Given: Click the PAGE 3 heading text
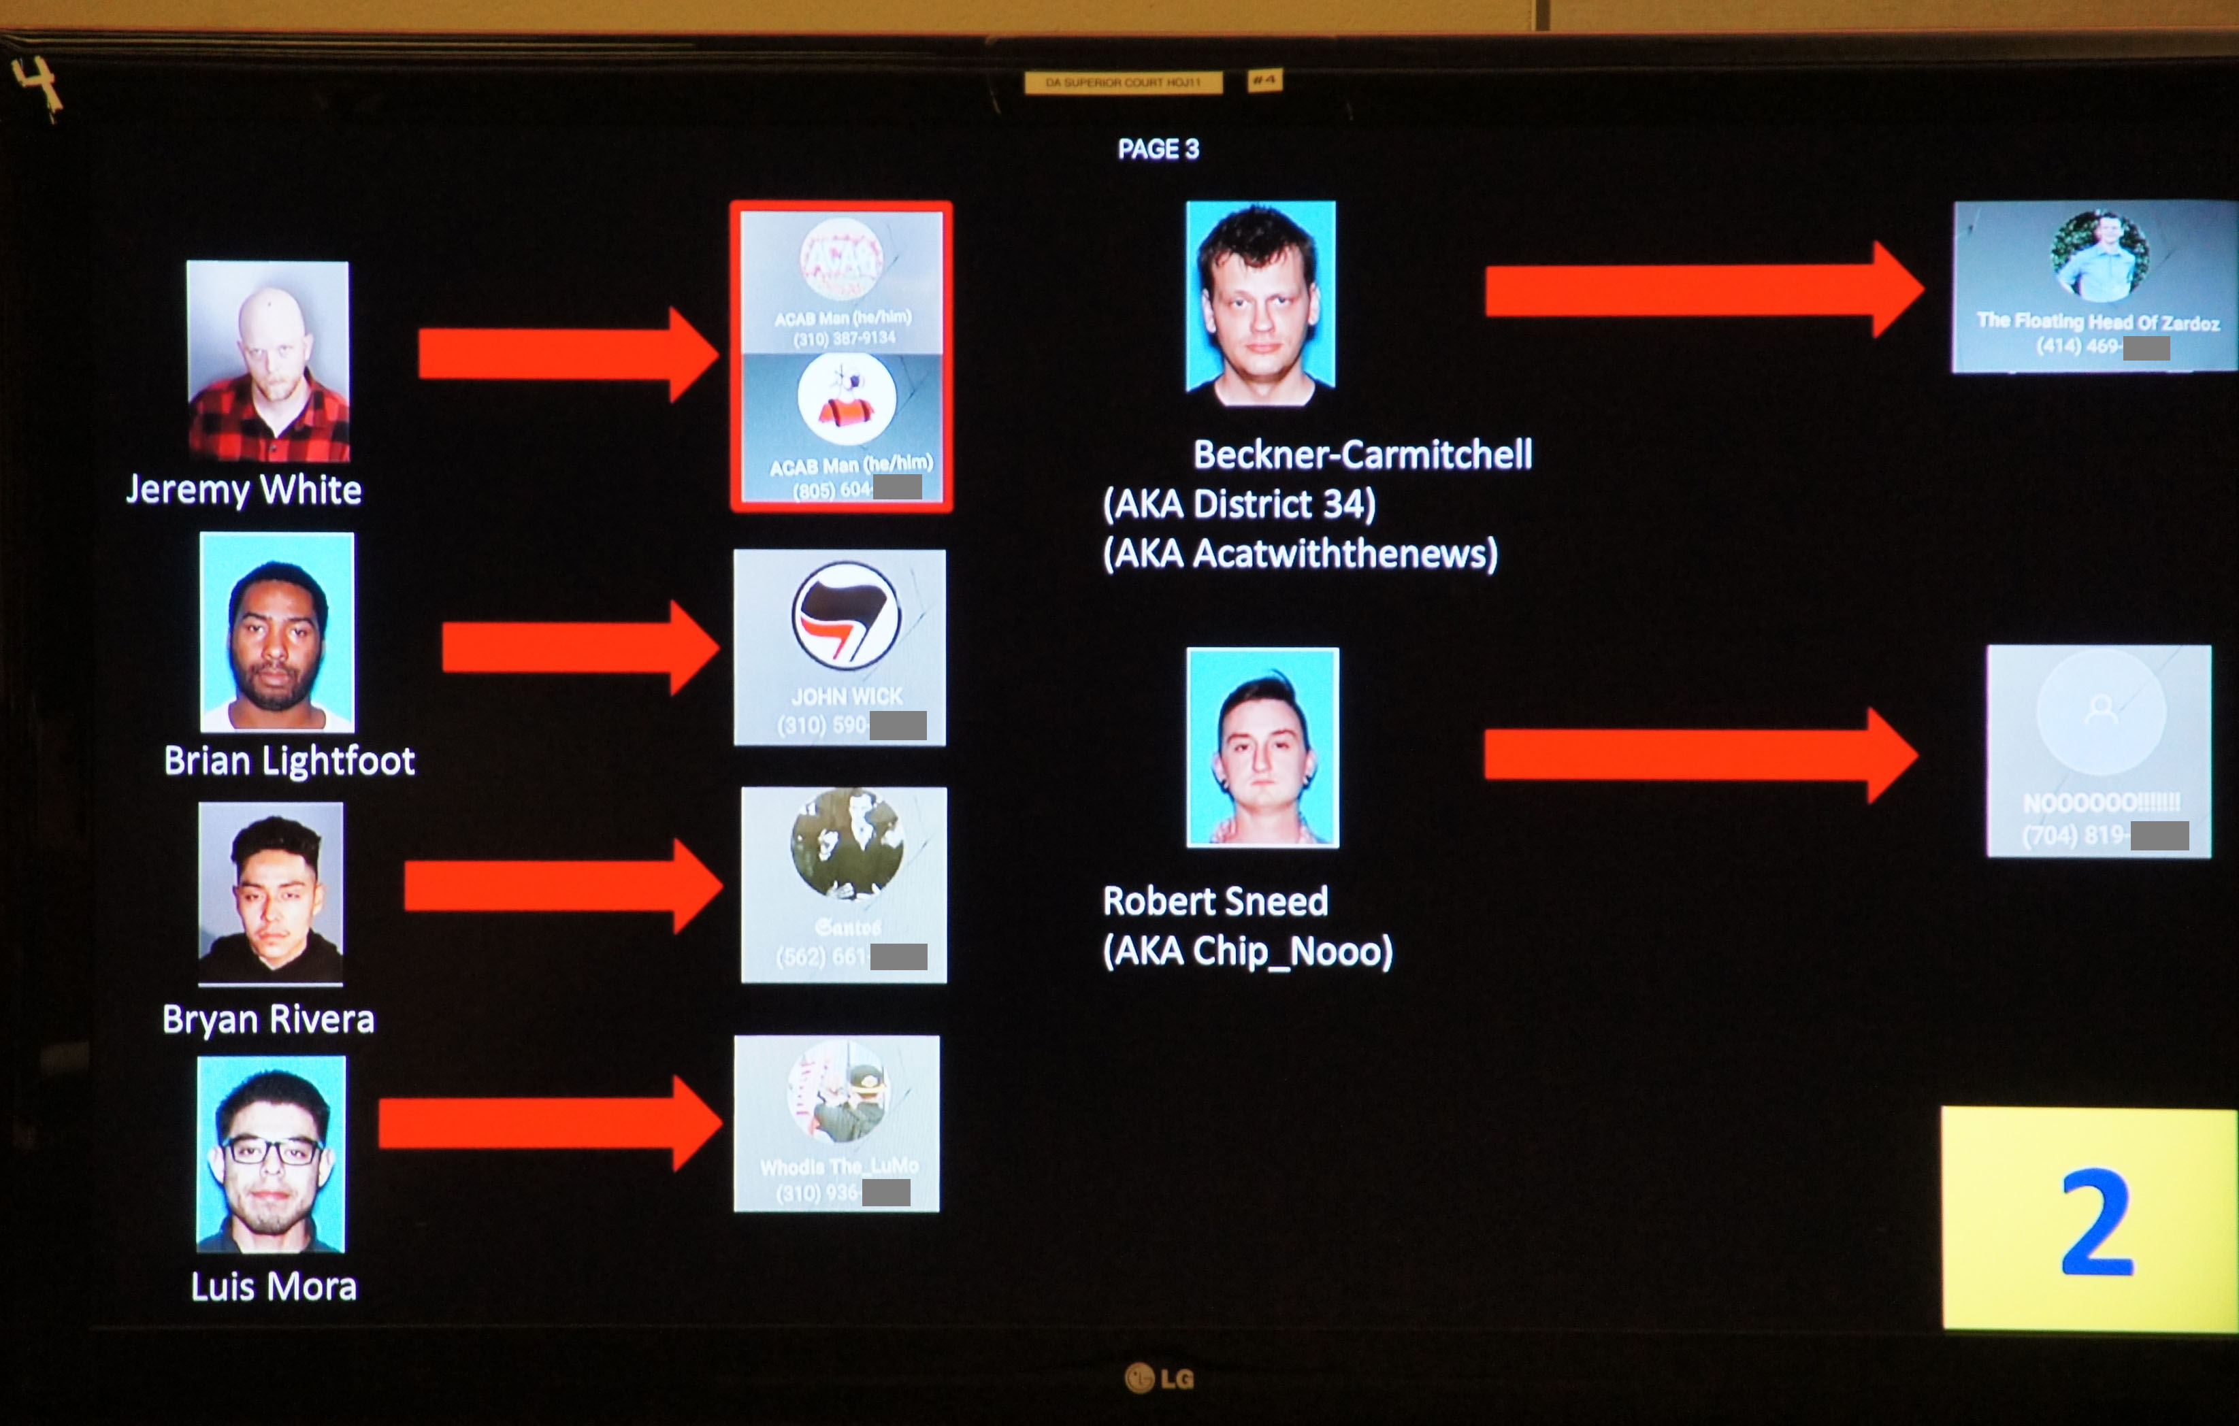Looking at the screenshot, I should pos(1158,149).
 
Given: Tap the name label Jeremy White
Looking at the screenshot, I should pos(244,489).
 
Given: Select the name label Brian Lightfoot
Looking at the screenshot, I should pos(289,761).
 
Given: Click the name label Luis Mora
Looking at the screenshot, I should pos(274,1287).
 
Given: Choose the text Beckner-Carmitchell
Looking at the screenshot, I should pos(1362,454).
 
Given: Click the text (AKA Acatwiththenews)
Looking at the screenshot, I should pos(1300,553).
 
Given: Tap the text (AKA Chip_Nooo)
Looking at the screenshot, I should pos(1247,951).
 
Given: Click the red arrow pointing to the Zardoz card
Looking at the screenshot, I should pos(1701,290).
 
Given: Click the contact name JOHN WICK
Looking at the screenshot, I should pos(846,696).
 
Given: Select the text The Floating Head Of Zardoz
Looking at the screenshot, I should pos(2097,322).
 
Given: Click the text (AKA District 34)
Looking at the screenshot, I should pos(1239,504).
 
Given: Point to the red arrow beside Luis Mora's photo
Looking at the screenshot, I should pos(549,1123).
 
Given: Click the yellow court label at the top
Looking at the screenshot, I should pos(1123,83).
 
